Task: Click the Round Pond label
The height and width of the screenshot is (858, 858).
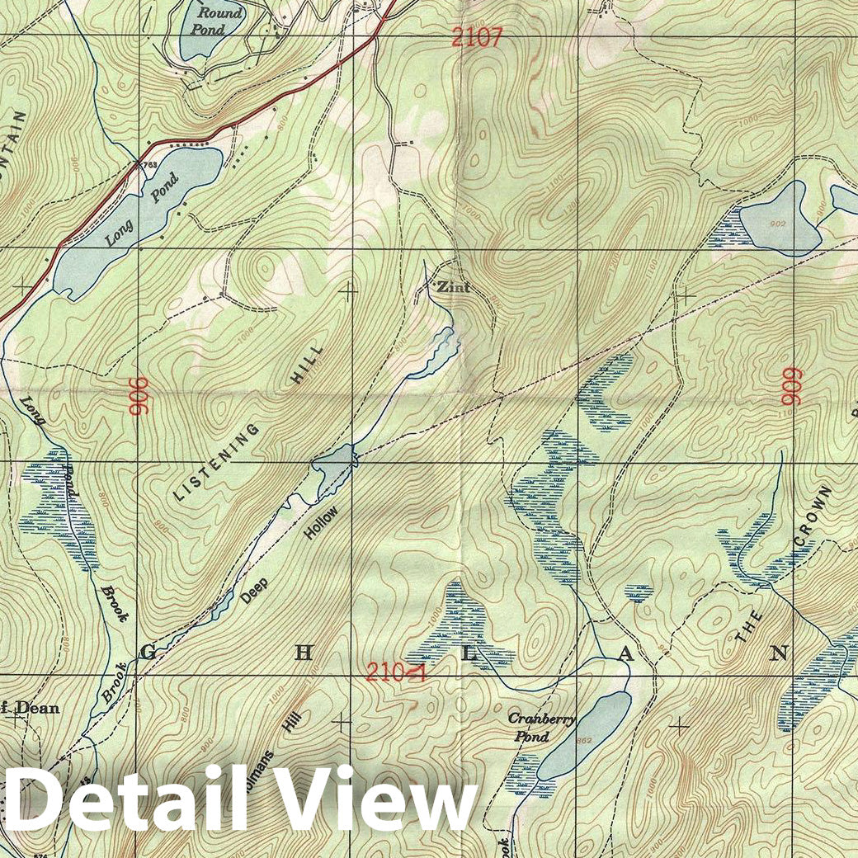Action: point(219,21)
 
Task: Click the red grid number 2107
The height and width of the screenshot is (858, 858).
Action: point(477,37)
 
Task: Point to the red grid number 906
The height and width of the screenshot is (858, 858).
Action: point(138,395)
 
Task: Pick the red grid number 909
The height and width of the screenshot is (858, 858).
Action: point(793,385)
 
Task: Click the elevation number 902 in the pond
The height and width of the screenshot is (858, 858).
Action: point(777,224)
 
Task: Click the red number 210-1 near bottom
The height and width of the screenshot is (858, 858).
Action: point(396,672)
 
